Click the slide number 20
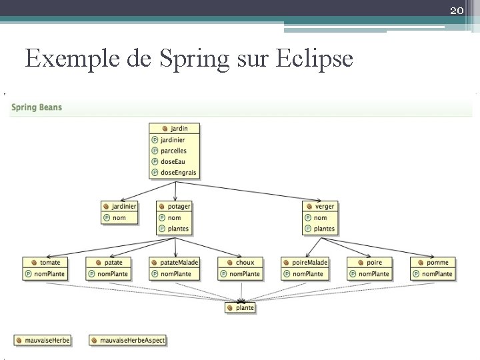tap(457, 10)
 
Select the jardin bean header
tap(175, 128)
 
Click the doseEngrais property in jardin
tap(175, 172)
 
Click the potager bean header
tap(175, 206)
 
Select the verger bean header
tap(320, 206)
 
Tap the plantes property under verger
tap(320, 229)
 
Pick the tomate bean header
tap(45, 262)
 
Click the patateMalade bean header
tap(175, 262)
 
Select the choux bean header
tap(241, 262)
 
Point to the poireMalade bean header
tap(305, 262)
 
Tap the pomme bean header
tap(433, 262)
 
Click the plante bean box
tap(241, 307)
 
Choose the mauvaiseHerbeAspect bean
tap(127, 340)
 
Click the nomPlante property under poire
tap(369, 273)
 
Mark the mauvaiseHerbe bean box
tap(43, 340)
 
